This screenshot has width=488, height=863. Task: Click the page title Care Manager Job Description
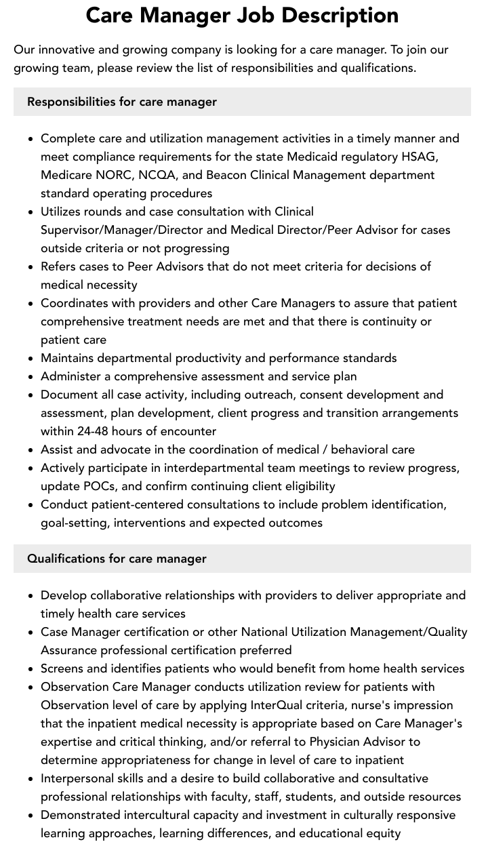click(x=242, y=15)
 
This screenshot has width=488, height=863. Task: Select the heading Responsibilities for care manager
click(x=122, y=102)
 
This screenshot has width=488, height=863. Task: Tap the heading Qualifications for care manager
click(x=117, y=559)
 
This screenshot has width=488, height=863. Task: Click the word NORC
click(x=114, y=175)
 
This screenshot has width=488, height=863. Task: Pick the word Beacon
click(x=228, y=175)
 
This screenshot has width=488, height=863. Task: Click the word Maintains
click(x=69, y=358)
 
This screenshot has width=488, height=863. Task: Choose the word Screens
click(x=62, y=668)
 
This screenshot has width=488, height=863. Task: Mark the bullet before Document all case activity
click(x=31, y=395)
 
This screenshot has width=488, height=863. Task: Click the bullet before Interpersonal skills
click(x=31, y=779)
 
